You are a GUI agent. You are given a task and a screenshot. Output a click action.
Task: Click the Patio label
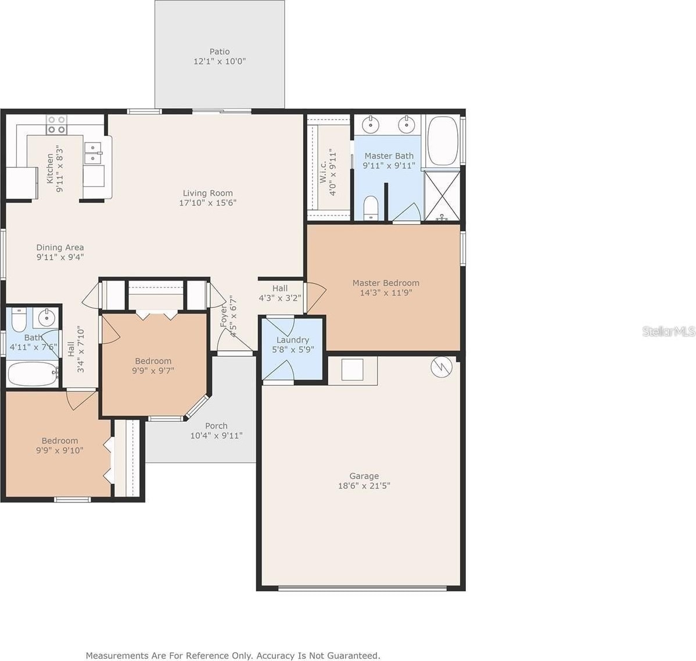[219, 52]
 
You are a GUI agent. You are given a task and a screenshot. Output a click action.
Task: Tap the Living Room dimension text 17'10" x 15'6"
[208, 203]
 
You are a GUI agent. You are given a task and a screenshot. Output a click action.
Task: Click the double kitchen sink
[93, 153]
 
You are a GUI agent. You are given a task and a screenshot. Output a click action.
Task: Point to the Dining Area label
[60, 247]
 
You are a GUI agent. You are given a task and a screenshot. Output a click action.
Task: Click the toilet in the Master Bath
[371, 208]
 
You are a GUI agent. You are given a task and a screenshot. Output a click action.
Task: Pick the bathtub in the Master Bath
[443, 141]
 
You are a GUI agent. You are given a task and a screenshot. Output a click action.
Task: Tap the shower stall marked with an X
[442, 196]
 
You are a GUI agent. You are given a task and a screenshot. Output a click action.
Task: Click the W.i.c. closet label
[323, 171]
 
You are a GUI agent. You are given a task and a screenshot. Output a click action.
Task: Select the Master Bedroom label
[386, 283]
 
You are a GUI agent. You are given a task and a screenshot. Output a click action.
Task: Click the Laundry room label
[292, 340]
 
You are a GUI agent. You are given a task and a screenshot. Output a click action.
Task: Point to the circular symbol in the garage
[442, 367]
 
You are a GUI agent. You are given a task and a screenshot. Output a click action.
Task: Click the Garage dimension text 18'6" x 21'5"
[364, 486]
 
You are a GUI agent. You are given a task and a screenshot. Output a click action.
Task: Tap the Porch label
[216, 426]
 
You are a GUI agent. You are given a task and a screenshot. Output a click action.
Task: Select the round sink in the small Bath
[46, 317]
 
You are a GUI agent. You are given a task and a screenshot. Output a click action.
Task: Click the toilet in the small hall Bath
[19, 320]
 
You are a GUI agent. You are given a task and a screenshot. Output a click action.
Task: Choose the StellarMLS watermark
[669, 331]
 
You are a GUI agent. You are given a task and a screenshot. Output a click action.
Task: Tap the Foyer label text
[224, 316]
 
